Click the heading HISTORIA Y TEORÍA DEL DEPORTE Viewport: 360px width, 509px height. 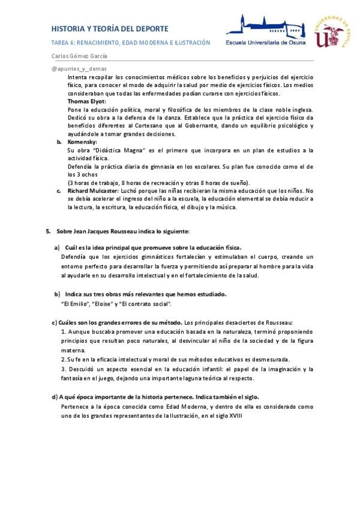tap(109, 28)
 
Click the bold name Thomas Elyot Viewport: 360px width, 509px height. tap(86, 101)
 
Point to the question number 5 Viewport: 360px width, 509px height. tap(49, 230)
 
